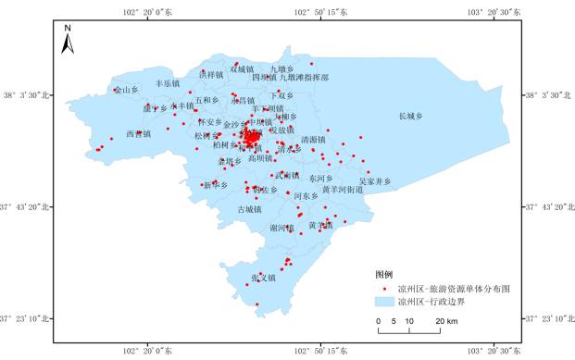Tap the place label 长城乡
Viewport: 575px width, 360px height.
coord(410,116)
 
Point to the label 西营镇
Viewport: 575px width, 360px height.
coord(138,133)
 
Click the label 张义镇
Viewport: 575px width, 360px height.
coord(264,278)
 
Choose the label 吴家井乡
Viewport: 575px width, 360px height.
coord(375,181)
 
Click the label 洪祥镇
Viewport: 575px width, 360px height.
coord(211,74)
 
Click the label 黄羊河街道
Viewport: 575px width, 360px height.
coord(344,189)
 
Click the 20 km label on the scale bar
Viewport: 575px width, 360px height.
coord(445,321)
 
